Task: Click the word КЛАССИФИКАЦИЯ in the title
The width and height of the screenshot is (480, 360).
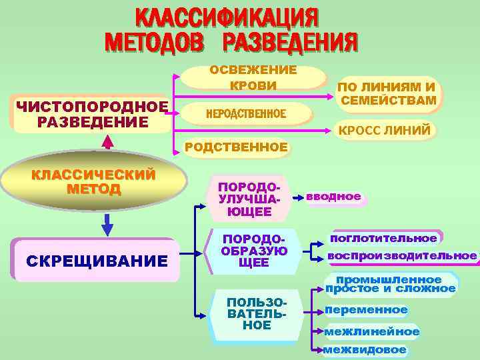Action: (227, 18)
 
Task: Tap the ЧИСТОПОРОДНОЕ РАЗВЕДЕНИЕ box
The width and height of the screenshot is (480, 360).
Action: (91, 114)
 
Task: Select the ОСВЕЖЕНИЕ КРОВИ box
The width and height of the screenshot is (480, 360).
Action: (253, 77)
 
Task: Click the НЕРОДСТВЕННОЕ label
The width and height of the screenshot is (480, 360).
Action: (247, 114)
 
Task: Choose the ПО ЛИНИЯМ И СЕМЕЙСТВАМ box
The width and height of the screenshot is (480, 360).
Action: (388, 94)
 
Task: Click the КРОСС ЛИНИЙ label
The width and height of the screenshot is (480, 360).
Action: (385, 130)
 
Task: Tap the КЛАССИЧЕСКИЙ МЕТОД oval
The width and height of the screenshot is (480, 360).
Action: (94, 181)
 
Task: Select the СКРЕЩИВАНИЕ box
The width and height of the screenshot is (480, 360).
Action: (96, 260)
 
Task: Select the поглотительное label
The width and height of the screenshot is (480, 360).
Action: (383, 238)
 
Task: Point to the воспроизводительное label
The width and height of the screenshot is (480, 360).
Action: (402, 256)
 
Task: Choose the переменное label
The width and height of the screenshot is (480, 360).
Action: (366, 310)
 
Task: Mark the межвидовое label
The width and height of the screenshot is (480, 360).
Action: (365, 350)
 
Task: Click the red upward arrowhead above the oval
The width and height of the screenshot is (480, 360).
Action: (107, 142)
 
